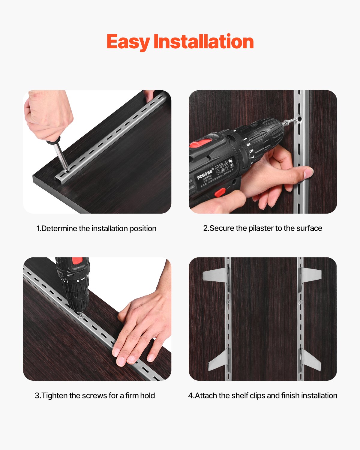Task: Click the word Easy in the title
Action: click(x=128, y=42)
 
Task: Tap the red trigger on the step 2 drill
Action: click(x=220, y=192)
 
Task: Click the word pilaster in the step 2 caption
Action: click(x=261, y=228)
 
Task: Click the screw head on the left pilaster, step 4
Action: click(x=228, y=301)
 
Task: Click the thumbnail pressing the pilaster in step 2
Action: click(x=308, y=173)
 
